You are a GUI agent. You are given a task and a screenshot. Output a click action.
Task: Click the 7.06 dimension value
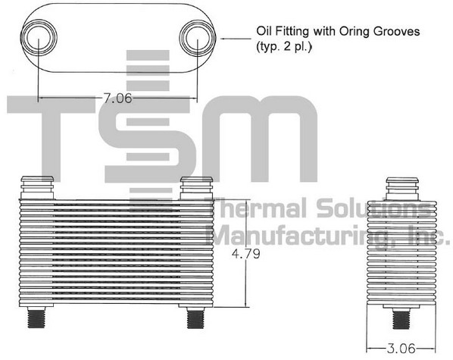(117, 99)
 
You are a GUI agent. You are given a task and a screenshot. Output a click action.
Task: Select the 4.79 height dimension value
(246, 254)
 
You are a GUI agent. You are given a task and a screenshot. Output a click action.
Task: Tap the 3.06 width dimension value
(401, 349)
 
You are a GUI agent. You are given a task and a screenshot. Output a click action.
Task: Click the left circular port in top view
(39, 37)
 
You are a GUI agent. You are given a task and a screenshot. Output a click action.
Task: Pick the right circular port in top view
(197, 38)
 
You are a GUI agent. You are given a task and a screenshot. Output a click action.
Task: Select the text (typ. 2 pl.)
(284, 46)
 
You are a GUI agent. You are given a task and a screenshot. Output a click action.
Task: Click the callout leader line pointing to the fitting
(236, 39)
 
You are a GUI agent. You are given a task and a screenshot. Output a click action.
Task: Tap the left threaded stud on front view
(36, 318)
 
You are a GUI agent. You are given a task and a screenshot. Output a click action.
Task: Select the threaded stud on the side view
(401, 318)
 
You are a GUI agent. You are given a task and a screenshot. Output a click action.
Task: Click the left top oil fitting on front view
(37, 188)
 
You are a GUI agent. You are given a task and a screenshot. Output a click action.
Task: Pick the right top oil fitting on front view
(196, 188)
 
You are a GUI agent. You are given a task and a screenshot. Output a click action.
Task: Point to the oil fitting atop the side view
(402, 189)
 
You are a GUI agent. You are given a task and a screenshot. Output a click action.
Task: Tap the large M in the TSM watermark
(259, 139)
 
